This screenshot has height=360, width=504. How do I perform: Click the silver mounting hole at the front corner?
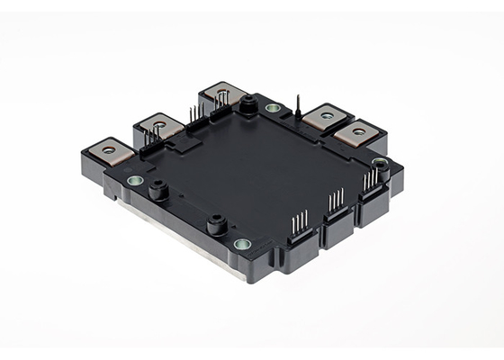pos(241,244)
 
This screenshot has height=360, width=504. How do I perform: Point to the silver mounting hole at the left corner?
pos(135,181)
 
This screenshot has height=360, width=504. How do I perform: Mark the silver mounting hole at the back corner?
pos(272,108)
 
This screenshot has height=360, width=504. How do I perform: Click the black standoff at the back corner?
pos(245,105)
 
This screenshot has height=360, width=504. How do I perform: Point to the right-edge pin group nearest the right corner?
pos(370,180)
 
